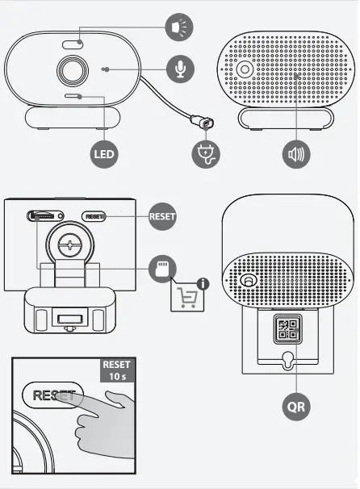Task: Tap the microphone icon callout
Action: [179, 69]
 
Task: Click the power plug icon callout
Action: [209, 154]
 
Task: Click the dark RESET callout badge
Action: [162, 216]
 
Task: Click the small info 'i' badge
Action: [203, 283]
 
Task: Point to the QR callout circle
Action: [296, 406]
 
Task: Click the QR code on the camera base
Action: [288, 328]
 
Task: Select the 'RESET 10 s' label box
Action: [115, 370]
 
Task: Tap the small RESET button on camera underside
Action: [94, 216]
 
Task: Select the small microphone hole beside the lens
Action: [106, 70]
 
